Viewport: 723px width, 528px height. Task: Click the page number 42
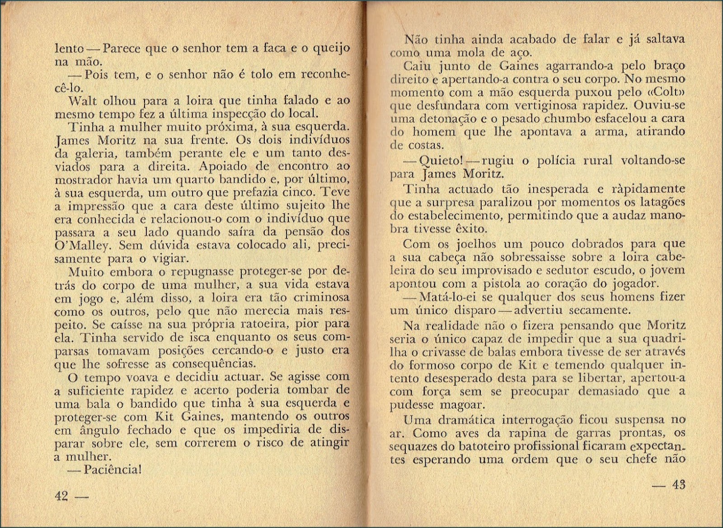[61, 496]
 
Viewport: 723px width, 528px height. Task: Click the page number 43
[678, 485]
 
